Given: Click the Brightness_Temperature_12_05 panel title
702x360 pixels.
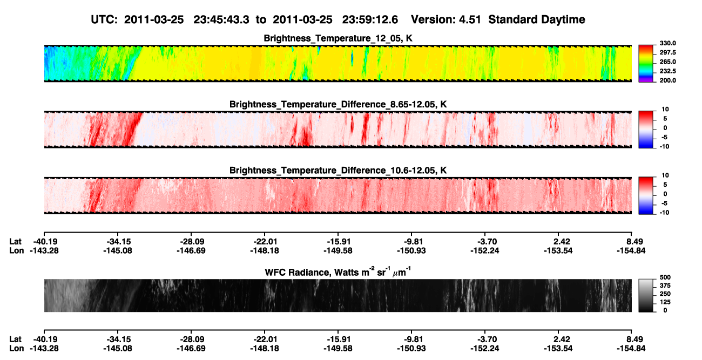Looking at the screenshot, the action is (x=338, y=38).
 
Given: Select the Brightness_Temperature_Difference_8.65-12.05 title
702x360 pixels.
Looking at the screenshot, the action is (x=338, y=104).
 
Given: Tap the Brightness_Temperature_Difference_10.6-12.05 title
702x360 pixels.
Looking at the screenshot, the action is (x=338, y=171).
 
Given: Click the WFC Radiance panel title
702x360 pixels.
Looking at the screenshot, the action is (x=338, y=272).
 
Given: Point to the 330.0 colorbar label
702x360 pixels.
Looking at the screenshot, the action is (x=667, y=43).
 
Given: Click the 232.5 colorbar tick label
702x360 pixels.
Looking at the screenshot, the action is (x=667, y=71).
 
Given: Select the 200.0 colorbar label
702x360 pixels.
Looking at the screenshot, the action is (x=667, y=80).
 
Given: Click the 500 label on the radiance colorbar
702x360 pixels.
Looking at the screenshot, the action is (x=665, y=277).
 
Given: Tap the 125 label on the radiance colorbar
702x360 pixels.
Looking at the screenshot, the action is (x=665, y=302).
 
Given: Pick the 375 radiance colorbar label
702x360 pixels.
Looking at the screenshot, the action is (x=665, y=286).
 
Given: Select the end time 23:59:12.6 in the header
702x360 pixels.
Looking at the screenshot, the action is (x=370, y=20).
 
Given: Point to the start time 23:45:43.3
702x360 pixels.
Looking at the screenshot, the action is (x=221, y=20).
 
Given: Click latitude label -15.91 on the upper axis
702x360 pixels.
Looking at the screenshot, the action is (x=338, y=242).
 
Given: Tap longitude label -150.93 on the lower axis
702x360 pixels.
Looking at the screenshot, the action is (x=411, y=349).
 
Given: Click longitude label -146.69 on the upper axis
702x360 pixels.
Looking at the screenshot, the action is (x=191, y=250).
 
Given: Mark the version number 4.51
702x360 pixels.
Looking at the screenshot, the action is (x=470, y=20).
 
